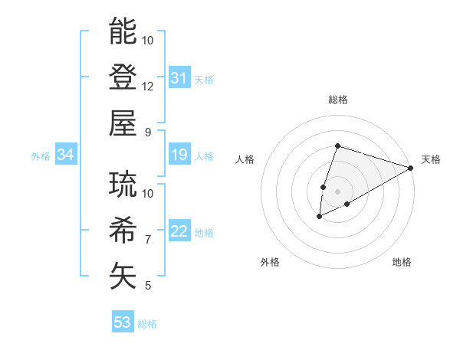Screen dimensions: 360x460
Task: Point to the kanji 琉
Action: [x=123, y=185]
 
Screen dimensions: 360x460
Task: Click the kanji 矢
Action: [x=123, y=276]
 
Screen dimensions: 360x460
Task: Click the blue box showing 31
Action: [x=179, y=77]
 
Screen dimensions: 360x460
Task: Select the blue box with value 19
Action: [x=179, y=155]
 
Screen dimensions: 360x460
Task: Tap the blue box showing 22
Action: [x=179, y=232]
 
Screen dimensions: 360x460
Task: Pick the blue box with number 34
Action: [x=66, y=155]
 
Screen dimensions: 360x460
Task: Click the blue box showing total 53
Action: [x=123, y=322]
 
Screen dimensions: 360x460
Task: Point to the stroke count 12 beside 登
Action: [x=148, y=86]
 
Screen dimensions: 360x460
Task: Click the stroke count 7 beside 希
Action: [x=148, y=240]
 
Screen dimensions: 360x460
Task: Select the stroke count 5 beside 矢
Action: [x=148, y=286]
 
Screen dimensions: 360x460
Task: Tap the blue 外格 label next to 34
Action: [x=41, y=156]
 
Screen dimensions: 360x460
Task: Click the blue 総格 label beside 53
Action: [x=147, y=324]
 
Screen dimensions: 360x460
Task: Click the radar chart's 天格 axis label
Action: [x=431, y=159]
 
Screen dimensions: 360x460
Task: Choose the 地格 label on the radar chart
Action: [x=402, y=262]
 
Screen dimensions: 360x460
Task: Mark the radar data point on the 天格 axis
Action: [x=412, y=168]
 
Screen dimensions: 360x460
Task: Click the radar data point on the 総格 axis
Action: [x=337, y=146]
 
